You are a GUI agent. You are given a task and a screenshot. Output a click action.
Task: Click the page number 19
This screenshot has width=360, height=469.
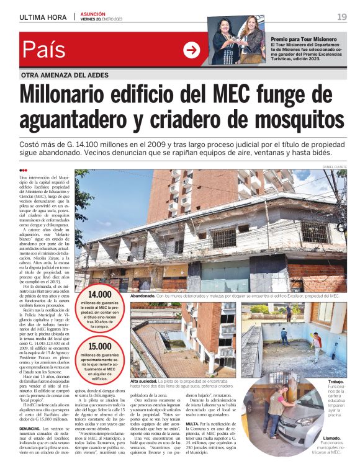[342, 17]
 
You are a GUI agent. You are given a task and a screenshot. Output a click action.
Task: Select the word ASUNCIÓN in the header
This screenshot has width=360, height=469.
[92, 14]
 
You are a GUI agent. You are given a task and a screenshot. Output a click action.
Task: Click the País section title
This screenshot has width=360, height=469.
[47, 50]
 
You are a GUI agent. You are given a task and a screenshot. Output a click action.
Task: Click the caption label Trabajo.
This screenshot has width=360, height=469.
[336, 382]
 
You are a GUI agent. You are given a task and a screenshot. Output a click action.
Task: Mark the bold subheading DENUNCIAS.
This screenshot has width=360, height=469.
[31, 428]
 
